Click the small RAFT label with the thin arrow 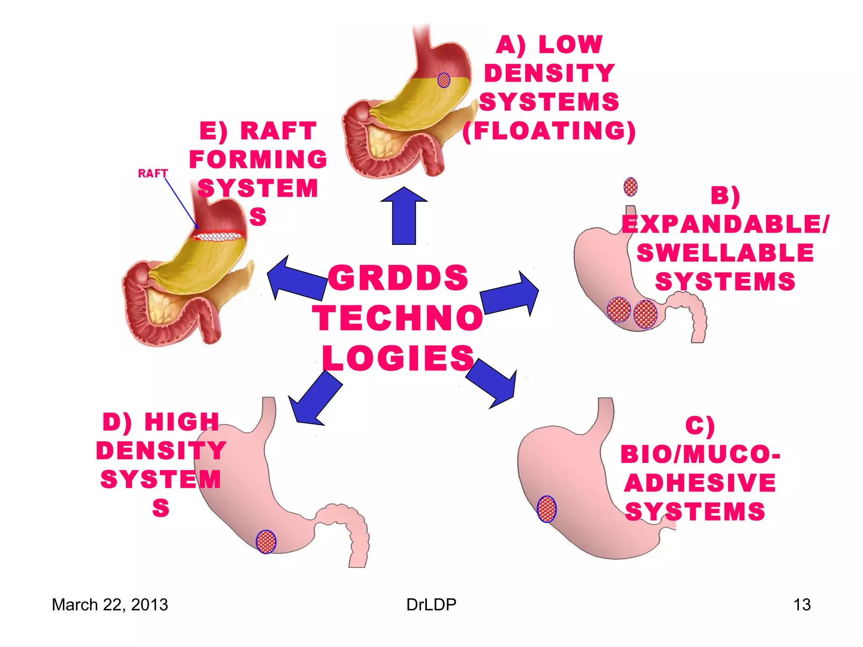pos(153,173)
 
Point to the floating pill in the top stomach pos(444,80)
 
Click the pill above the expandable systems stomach pos(630,187)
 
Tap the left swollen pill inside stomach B pos(619,310)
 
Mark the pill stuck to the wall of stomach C pos(547,509)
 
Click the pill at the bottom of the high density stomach pos(266,542)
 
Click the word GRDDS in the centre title pos(398,278)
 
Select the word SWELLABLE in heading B pos(725,253)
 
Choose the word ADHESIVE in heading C pos(700,483)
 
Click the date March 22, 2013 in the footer pos(110,604)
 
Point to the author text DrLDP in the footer pos(431,604)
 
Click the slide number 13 pos(801,604)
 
